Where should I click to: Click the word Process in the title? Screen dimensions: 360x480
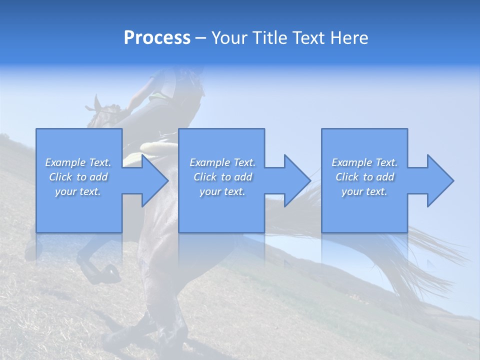click(157, 38)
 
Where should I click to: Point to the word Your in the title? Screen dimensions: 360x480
click(230, 38)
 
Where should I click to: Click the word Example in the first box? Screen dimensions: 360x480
click(65, 162)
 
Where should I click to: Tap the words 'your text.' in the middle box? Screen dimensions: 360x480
click(222, 191)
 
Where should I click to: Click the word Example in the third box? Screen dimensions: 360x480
click(352, 162)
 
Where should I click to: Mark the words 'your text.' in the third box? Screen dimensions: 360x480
click(364, 191)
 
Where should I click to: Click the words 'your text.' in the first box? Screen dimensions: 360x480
click(78, 191)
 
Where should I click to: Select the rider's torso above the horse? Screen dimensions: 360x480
click(172, 87)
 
